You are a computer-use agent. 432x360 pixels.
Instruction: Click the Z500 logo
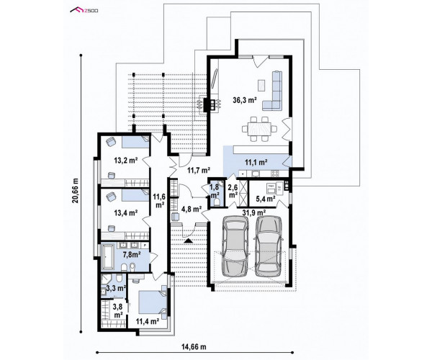(84, 11)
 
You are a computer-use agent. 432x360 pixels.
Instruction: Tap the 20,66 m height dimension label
(76, 191)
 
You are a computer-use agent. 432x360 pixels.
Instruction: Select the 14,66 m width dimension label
(194, 346)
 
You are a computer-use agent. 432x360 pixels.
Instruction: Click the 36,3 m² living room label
(245, 100)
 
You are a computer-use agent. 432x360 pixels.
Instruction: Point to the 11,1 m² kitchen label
(256, 163)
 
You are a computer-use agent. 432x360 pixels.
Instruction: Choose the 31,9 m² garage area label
(254, 212)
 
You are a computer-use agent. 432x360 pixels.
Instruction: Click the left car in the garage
(235, 246)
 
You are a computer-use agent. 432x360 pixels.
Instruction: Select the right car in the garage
(269, 246)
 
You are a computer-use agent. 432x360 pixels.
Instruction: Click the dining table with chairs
(259, 129)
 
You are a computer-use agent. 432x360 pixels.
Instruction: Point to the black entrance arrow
(189, 240)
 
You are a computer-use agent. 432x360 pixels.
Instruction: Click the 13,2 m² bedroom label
(126, 161)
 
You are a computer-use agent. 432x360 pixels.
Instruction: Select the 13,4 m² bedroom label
(126, 212)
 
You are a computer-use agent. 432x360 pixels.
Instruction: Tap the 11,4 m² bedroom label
(148, 321)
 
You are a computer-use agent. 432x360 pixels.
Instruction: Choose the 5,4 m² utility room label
(266, 199)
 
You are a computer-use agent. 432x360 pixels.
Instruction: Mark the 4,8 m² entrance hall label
(192, 209)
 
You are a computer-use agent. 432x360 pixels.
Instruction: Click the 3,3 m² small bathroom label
(116, 289)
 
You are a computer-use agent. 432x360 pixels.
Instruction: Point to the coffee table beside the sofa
(261, 85)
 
